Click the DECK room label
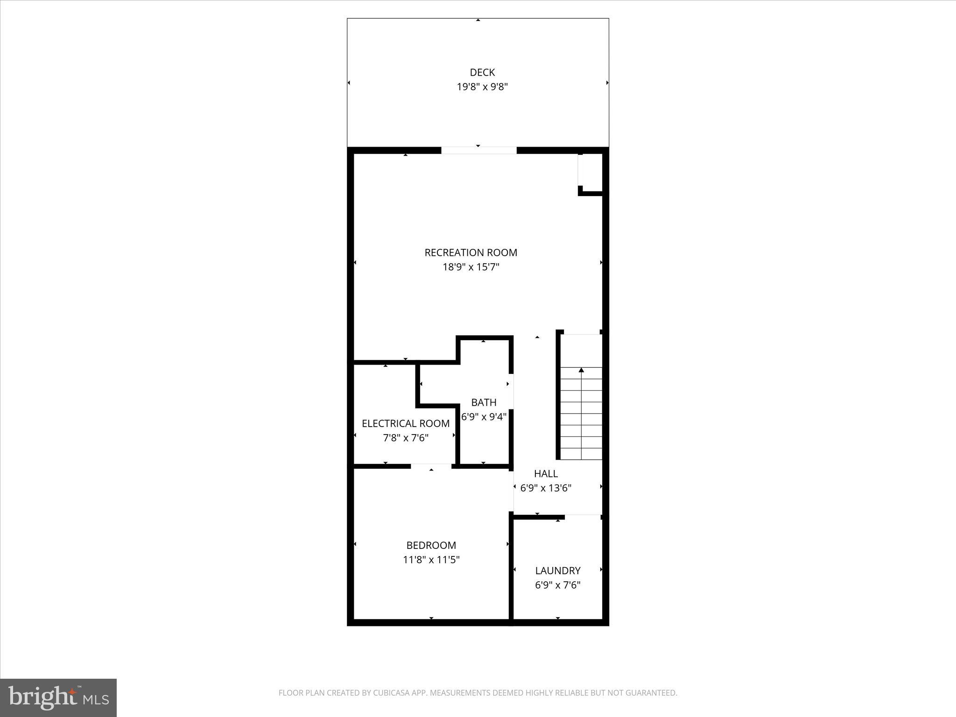click(x=482, y=72)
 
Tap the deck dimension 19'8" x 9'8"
click(x=482, y=87)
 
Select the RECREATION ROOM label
click(x=471, y=253)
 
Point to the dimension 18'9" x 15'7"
click(x=471, y=267)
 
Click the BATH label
click(x=484, y=402)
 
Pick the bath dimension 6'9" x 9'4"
click(x=484, y=417)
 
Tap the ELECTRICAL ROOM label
click(x=406, y=423)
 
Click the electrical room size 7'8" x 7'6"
click(x=406, y=438)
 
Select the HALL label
click(x=546, y=474)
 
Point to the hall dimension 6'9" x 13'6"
click(x=546, y=488)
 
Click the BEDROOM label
click(x=431, y=545)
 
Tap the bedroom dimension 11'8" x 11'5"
click(x=431, y=560)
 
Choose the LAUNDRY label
click(x=557, y=570)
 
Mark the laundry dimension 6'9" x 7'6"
click(x=557, y=585)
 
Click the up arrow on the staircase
click(x=581, y=370)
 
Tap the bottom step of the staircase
click(x=581, y=454)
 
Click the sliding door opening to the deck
click(x=478, y=150)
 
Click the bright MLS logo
click(x=58, y=697)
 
